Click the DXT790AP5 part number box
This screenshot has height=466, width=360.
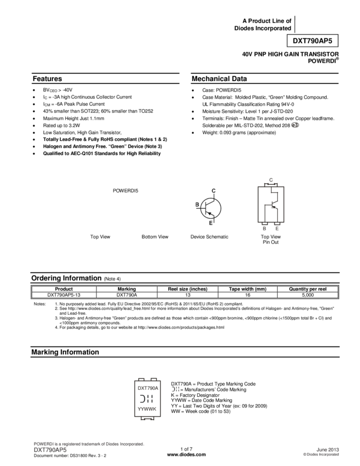[x=312, y=41]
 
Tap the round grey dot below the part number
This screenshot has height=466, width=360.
[x=295, y=125]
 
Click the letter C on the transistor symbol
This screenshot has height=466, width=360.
[x=214, y=191]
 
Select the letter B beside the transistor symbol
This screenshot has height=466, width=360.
[x=197, y=205]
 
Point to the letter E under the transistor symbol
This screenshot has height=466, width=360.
[x=211, y=223]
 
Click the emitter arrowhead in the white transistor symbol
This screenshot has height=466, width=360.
[x=209, y=214]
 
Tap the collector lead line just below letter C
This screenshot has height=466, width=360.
[x=214, y=196]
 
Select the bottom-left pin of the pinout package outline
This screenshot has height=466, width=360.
[x=264, y=226]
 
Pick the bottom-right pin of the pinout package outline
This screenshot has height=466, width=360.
[x=277, y=226]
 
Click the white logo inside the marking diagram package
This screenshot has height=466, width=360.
[x=146, y=399]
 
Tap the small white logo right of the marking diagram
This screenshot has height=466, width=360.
[x=175, y=389]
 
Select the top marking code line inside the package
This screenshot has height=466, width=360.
[x=147, y=388]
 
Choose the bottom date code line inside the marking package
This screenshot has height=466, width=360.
[x=147, y=409]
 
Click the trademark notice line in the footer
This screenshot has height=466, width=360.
[x=89, y=444]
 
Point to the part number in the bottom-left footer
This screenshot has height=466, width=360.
[x=50, y=450]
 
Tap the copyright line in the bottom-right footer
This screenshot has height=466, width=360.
[x=321, y=454]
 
